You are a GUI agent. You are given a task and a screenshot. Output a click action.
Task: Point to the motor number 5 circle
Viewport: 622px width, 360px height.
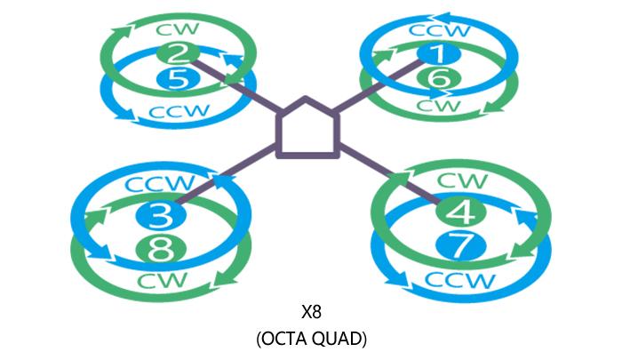click(x=177, y=80)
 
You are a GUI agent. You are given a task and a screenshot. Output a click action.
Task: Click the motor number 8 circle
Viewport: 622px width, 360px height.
click(x=160, y=250)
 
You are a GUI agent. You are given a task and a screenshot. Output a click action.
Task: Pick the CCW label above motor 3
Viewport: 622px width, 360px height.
click(x=159, y=186)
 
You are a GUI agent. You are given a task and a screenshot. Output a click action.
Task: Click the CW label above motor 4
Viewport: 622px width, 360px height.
click(x=462, y=180)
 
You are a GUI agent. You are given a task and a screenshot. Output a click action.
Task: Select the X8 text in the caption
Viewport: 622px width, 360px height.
click(x=310, y=312)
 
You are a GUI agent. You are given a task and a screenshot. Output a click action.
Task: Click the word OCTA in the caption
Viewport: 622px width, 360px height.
click(x=284, y=338)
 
